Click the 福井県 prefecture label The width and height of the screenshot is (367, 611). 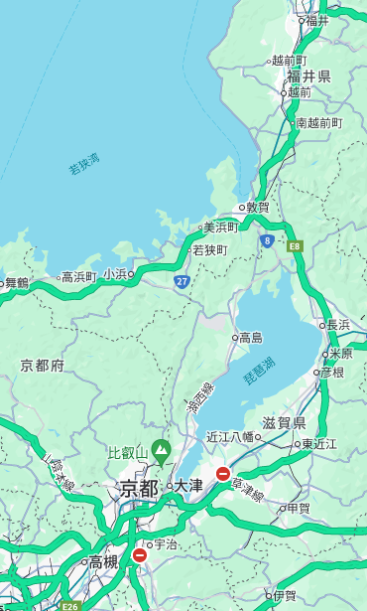308,76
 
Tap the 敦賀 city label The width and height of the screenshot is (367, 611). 258,208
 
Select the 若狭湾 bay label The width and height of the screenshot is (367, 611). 83,164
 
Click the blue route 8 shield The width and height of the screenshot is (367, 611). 267,240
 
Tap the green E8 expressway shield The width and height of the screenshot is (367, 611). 295,243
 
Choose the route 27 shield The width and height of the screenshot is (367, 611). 182,281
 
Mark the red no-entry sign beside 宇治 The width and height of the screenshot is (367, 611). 139,555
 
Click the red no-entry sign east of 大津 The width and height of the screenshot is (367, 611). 223,474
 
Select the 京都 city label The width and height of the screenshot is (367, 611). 139,488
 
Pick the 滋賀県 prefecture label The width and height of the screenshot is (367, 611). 283,423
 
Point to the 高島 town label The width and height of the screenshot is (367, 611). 250,338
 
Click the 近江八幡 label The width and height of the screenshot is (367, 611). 229,436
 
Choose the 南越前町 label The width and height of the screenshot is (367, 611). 318,123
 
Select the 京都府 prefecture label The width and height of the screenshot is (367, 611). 43,366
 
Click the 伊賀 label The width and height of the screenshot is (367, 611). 285,596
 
